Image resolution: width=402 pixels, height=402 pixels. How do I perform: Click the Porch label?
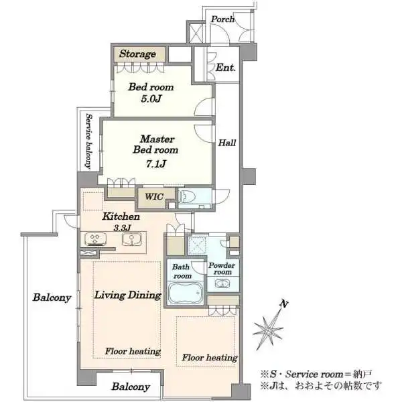pyautogui.click(x=222, y=19)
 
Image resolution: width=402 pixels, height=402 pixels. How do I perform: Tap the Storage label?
pyautogui.click(x=137, y=54)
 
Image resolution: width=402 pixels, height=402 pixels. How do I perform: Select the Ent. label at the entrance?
pyautogui.click(x=226, y=68)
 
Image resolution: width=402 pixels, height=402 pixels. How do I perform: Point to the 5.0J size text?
pyautogui.click(x=151, y=98)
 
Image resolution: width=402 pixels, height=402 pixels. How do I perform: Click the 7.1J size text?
pyautogui.click(x=156, y=164)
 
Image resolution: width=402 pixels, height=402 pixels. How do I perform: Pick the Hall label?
pyautogui.click(x=227, y=143)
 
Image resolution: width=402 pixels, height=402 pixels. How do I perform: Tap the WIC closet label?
pyautogui.click(x=154, y=196)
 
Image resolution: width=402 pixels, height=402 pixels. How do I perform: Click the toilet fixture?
pyautogui.click(x=187, y=197)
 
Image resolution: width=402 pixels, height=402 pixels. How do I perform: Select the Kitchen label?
pyautogui.click(x=121, y=216)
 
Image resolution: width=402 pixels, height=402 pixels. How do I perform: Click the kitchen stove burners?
pyautogui.click(x=95, y=239)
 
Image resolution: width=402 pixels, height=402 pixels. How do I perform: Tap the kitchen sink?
pyautogui.click(x=131, y=239)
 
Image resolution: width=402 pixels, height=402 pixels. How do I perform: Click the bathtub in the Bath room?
pyautogui.click(x=185, y=293)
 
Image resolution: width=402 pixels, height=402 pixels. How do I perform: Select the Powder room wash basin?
pyautogui.click(x=222, y=284)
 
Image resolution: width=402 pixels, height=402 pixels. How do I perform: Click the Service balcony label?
pyautogui.click(x=88, y=141)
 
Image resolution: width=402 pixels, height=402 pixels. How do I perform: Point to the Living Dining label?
pyautogui.click(x=128, y=295)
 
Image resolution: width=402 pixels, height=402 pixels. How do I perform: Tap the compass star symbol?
pyautogui.click(x=268, y=329)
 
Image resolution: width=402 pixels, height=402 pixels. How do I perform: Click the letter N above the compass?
pyautogui.click(x=284, y=304)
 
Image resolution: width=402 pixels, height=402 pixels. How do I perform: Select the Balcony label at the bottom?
pyautogui.click(x=131, y=387)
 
